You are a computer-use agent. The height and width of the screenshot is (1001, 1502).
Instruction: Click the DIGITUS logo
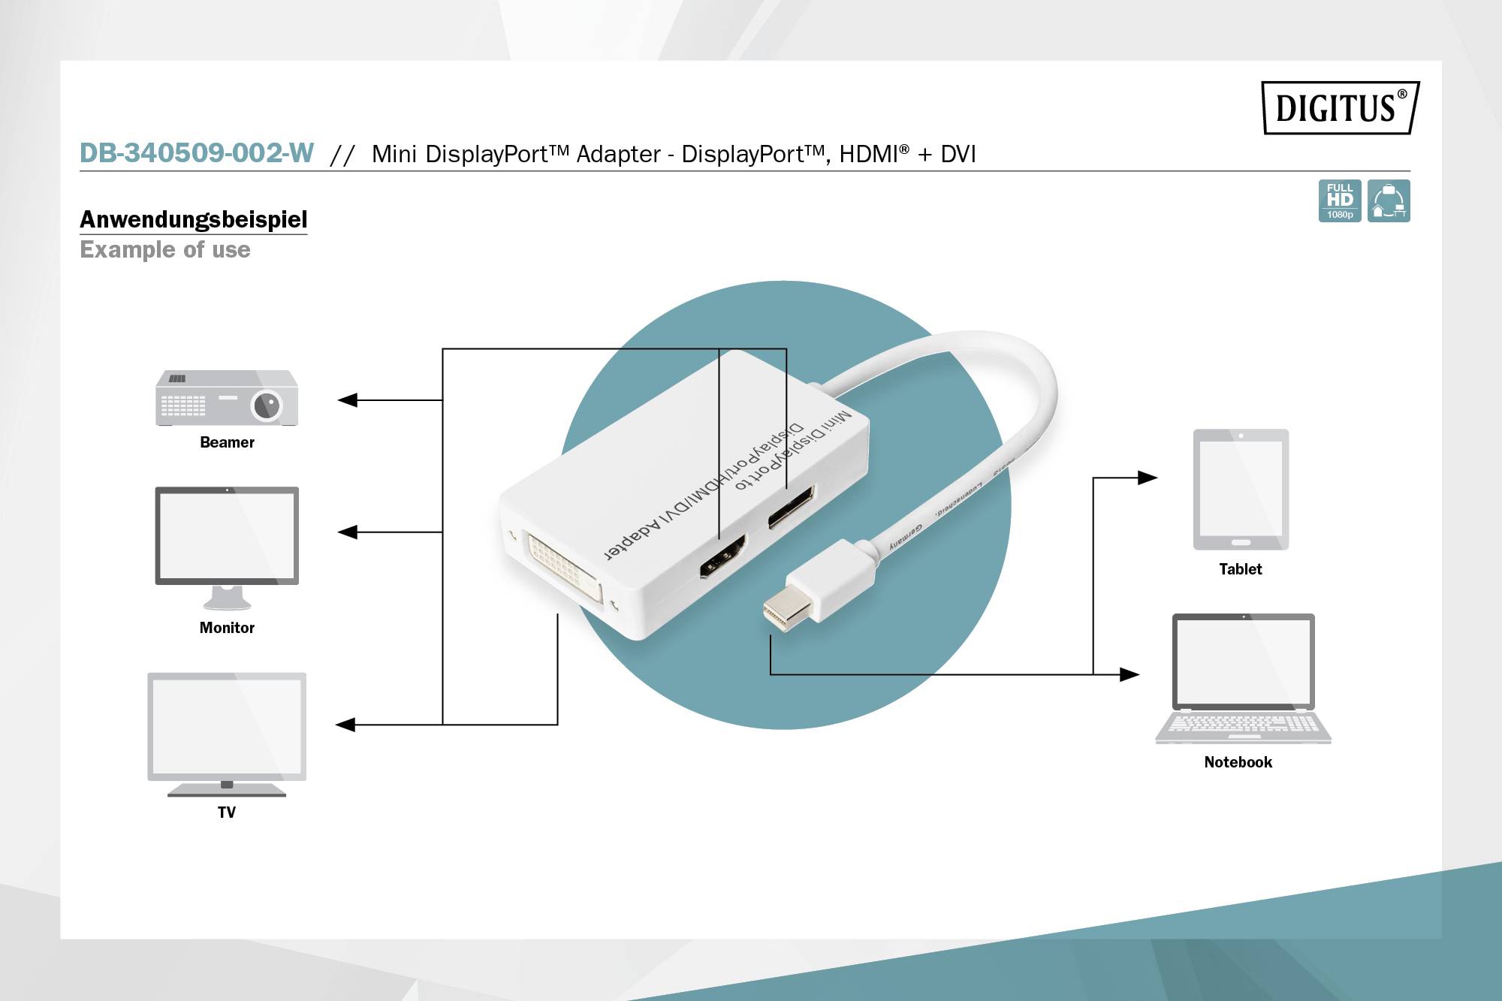pos(1340,108)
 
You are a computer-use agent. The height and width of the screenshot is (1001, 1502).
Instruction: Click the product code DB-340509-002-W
pos(197,153)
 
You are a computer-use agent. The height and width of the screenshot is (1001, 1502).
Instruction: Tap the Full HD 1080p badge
pos(1339,201)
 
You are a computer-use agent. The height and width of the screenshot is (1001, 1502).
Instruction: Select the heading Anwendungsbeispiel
pos(194,219)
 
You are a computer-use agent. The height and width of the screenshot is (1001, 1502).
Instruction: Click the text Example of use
pos(165,249)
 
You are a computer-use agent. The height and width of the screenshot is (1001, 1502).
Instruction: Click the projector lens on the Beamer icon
pos(267,406)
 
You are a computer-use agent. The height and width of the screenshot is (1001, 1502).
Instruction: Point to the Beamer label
pos(227,442)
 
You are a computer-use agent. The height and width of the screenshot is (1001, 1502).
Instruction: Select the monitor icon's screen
pos(227,535)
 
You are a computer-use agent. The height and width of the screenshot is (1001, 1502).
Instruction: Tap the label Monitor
pos(227,628)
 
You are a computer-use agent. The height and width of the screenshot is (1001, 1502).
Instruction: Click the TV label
pos(226,812)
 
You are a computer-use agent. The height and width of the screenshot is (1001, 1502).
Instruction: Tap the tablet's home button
pos(1241,542)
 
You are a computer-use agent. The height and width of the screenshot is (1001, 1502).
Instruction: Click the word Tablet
pos(1240,569)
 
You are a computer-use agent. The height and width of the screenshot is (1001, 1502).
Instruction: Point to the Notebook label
pos(1238,762)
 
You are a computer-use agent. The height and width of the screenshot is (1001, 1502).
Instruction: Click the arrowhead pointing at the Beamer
pos(347,400)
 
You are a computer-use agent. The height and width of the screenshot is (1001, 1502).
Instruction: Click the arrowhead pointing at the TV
pos(345,725)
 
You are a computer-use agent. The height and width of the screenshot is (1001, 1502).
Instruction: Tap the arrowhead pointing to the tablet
pos(1148,478)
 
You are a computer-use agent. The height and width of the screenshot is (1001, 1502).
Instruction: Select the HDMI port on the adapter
pos(722,556)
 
